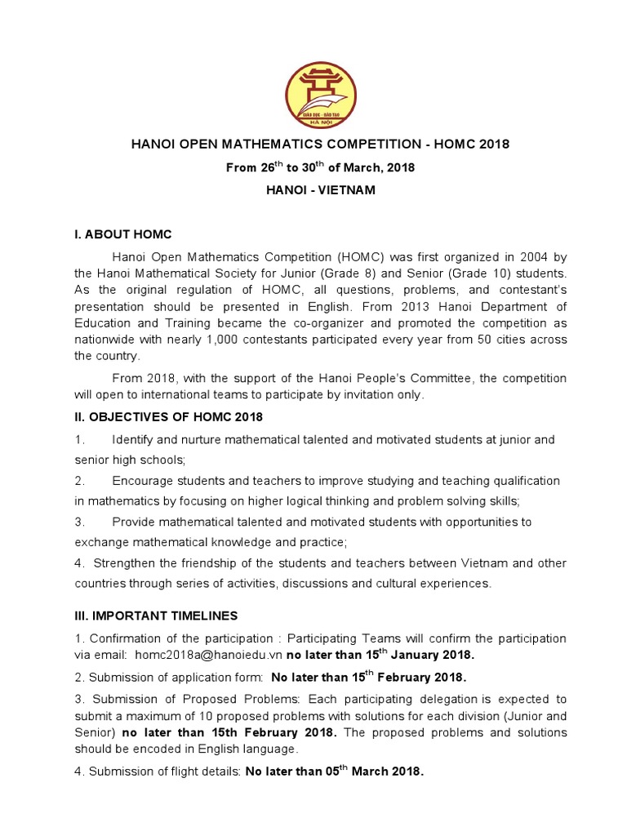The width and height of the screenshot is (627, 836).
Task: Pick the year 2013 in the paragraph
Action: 394,306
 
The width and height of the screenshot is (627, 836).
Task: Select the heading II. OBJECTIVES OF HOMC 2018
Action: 168,417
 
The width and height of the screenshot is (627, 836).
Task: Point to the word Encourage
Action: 144,480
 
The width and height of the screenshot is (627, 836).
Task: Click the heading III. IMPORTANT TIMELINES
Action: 158,616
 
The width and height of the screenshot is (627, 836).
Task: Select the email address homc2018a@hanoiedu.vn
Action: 209,655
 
